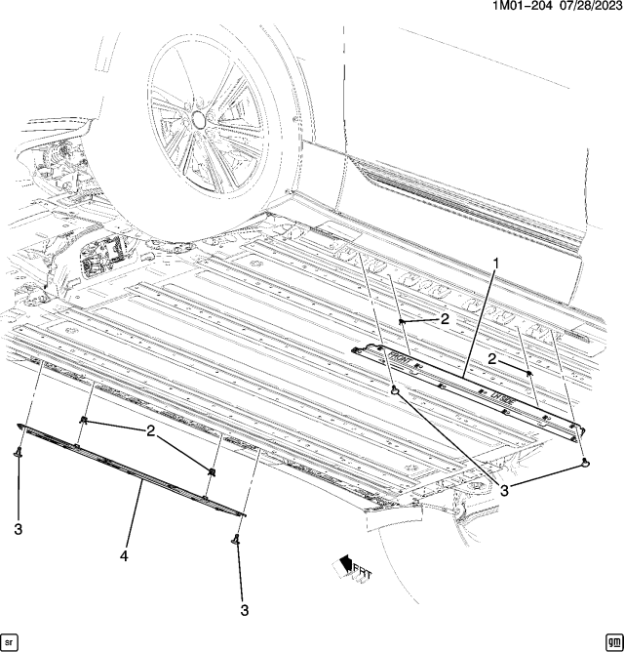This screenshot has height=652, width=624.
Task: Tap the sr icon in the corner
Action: click(11, 640)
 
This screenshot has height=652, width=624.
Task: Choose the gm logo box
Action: click(611, 640)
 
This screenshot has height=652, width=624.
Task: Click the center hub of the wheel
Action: click(199, 118)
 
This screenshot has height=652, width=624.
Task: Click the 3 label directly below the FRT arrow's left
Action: click(244, 610)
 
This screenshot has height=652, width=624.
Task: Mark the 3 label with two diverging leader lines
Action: click(505, 492)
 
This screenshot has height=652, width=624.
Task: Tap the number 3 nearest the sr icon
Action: click(19, 529)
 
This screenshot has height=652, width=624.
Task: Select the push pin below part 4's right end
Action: click(235, 539)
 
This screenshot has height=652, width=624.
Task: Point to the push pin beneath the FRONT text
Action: click(395, 391)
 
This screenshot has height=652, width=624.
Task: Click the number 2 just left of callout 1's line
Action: click(444, 318)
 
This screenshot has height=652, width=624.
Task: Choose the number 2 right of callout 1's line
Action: click(494, 359)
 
